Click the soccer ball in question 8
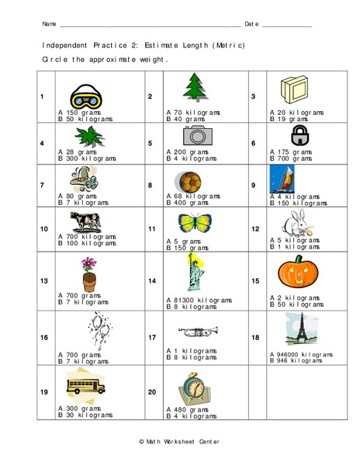(189, 183)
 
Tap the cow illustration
(83, 221)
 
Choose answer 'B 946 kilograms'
(295, 360)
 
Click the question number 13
(44, 281)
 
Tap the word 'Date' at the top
(251, 24)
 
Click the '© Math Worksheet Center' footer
(178, 440)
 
